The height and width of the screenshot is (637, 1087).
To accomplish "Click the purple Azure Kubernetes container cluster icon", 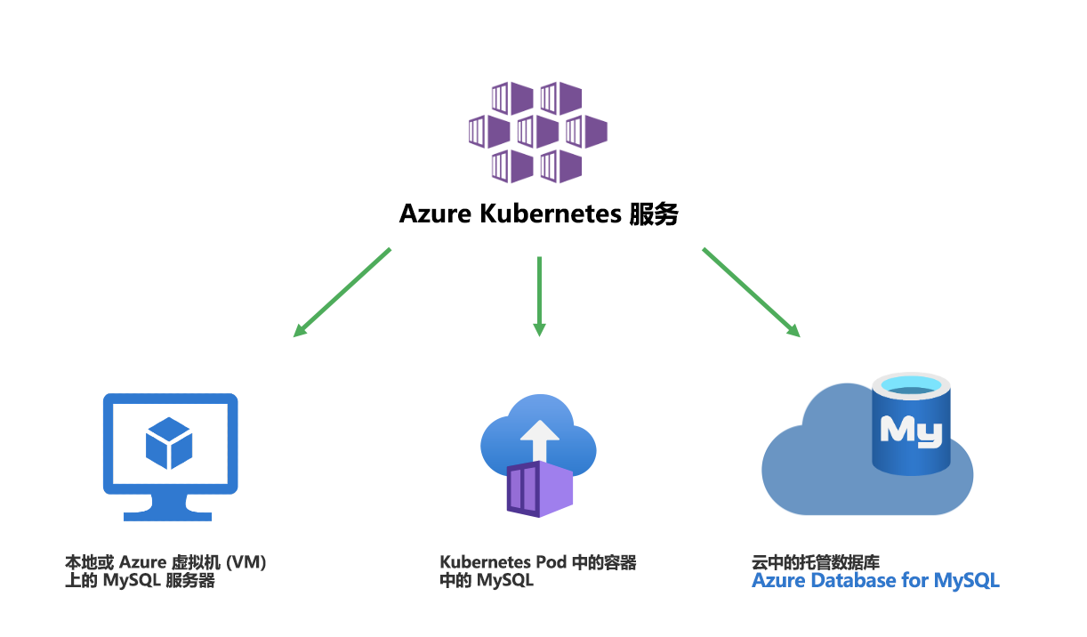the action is (x=537, y=132).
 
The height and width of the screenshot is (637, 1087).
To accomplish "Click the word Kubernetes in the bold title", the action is (x=551, y=214).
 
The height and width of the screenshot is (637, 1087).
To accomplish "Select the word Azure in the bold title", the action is (x=435, y=214).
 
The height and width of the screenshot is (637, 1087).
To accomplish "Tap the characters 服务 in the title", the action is (x=654, y=214).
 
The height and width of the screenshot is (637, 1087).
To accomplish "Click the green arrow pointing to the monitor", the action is (x=342, y=293).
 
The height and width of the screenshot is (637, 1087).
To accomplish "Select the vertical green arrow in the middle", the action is (x=539, y=296).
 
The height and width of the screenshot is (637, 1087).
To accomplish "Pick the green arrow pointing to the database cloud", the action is (x=751, y=293).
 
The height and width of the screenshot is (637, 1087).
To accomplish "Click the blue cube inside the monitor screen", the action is (x=169, y=443).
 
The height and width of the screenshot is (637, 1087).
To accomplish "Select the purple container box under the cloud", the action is (x=540, y=489).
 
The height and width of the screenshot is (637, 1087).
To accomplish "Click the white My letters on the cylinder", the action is (x=911, y=431).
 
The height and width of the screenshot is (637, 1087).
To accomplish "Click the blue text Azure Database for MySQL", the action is (x=875, y=581).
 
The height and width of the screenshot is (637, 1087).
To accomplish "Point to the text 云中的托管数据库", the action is (x=815, y=562).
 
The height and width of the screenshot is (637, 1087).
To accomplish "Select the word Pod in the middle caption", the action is (x=552, y=562).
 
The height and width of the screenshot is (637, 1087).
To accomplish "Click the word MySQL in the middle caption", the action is (x=505, y=580).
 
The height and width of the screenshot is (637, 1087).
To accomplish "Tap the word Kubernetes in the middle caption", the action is (x=485, y=562).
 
